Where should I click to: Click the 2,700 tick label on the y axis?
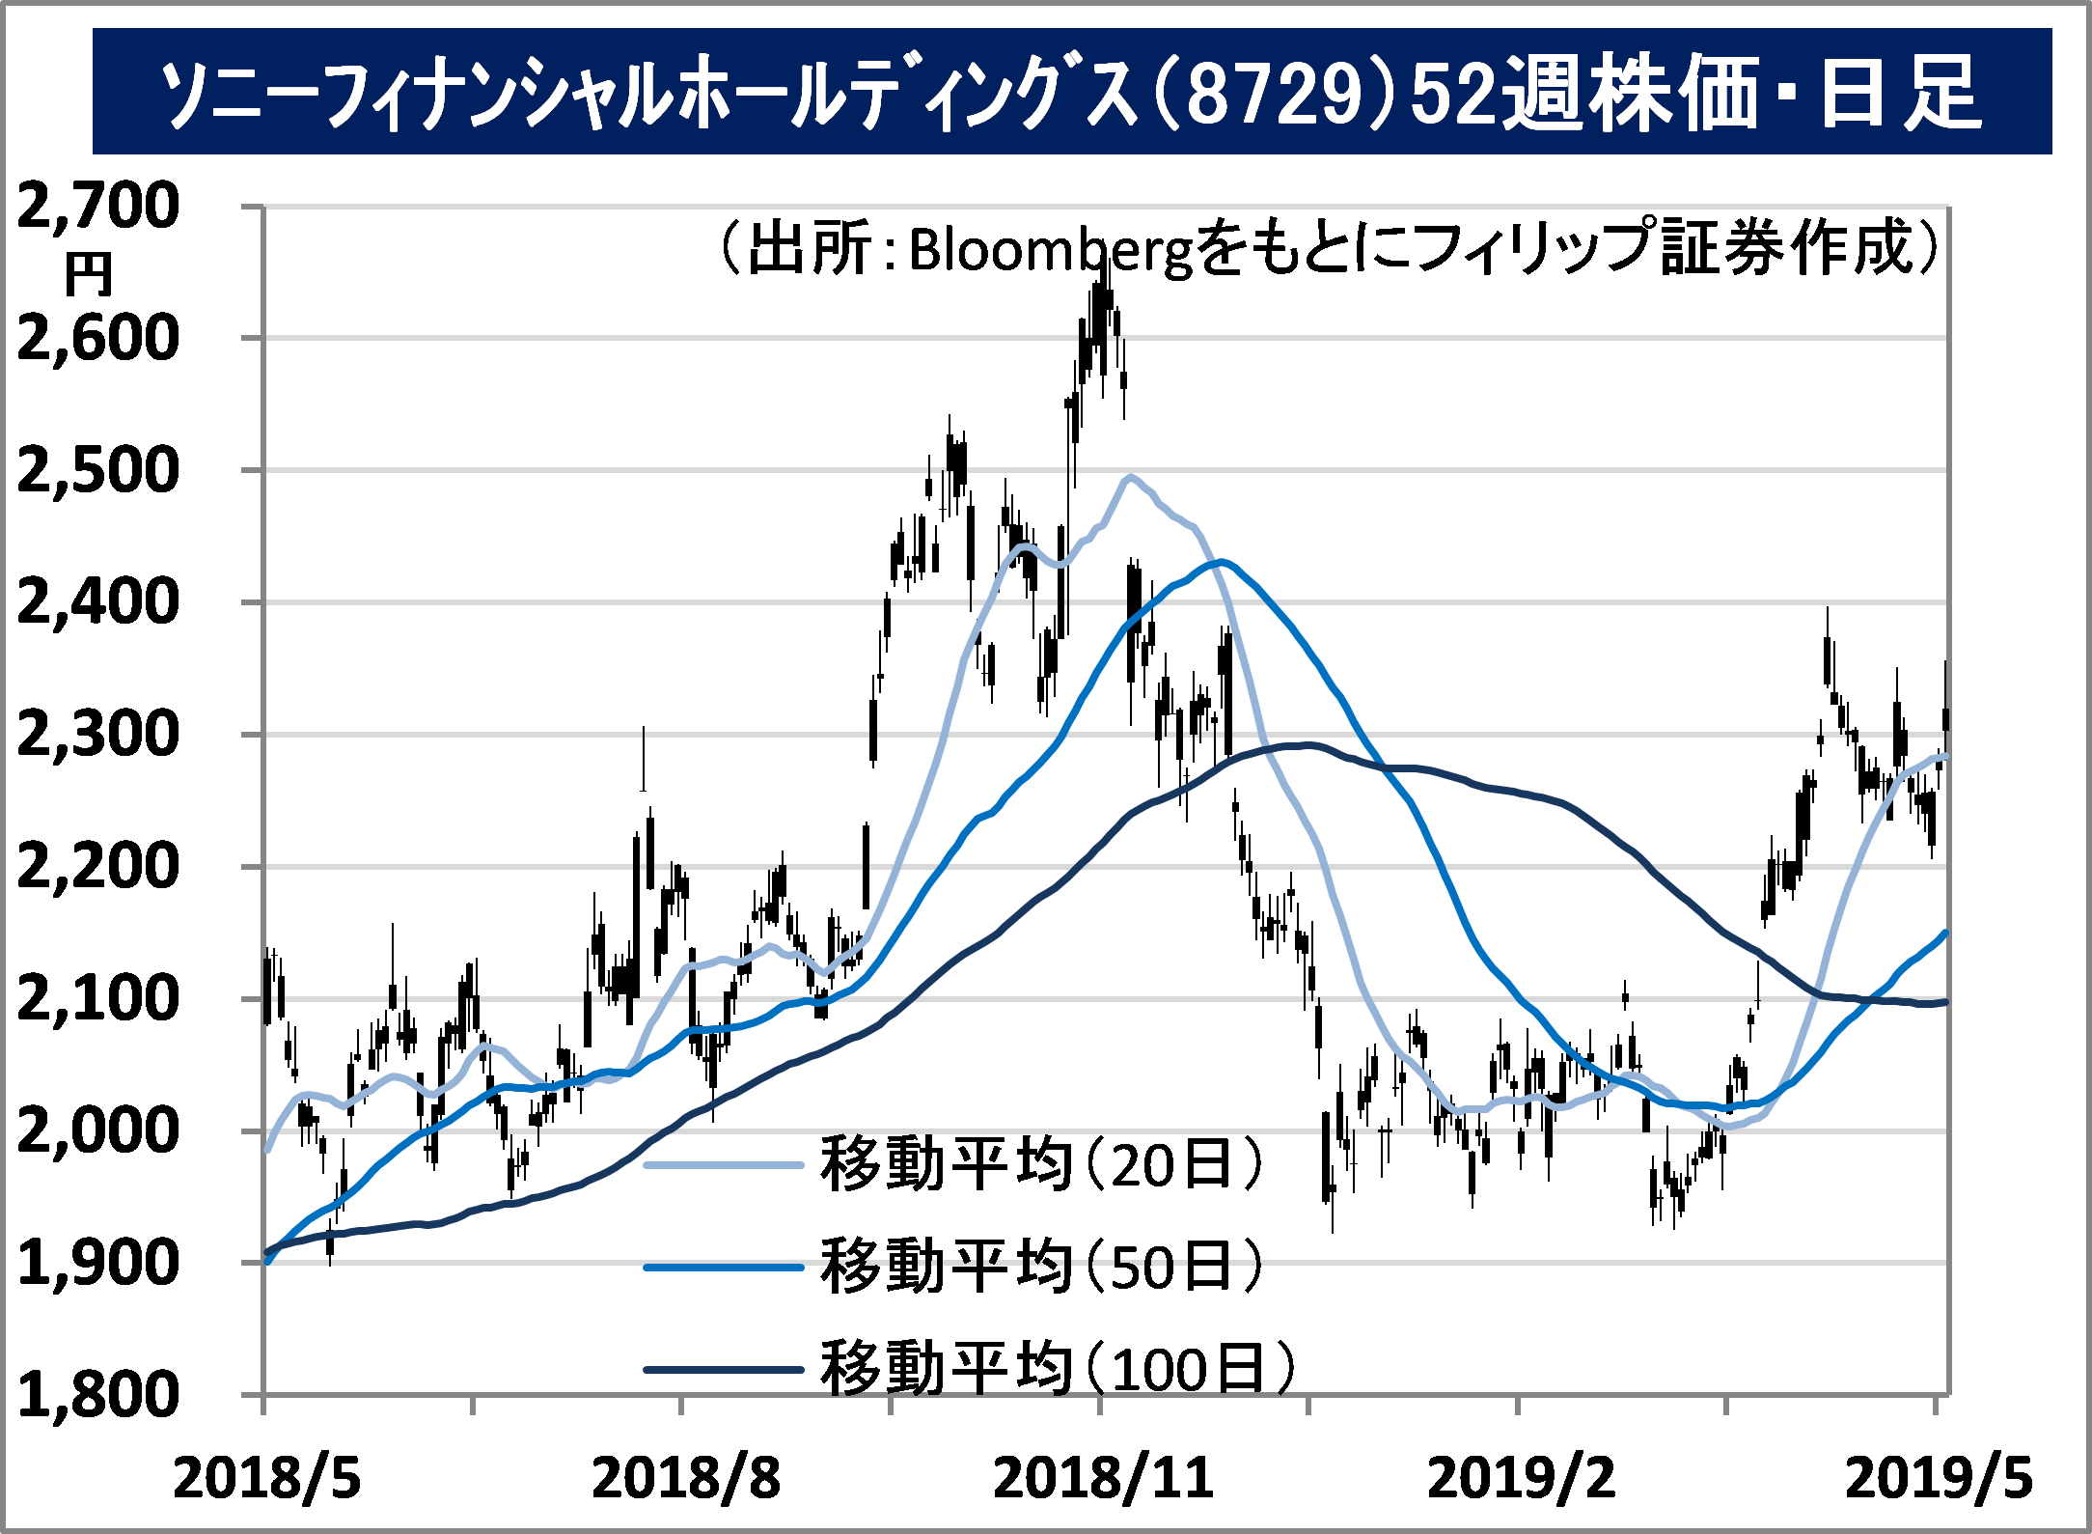98,206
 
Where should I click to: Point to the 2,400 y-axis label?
98,602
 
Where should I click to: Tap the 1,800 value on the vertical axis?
98,1395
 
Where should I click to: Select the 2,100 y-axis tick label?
98,998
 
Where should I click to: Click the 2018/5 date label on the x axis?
266,1478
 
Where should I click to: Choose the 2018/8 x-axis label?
685,1478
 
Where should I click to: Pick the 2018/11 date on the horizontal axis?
1103,1478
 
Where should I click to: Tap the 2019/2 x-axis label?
1521,1478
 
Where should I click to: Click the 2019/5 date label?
1939,1478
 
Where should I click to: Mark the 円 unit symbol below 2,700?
89,276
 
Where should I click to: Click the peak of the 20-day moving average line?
1130,476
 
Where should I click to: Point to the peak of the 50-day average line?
1223,561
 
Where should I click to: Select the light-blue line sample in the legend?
724,1165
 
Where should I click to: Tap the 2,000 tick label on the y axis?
98,1130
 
